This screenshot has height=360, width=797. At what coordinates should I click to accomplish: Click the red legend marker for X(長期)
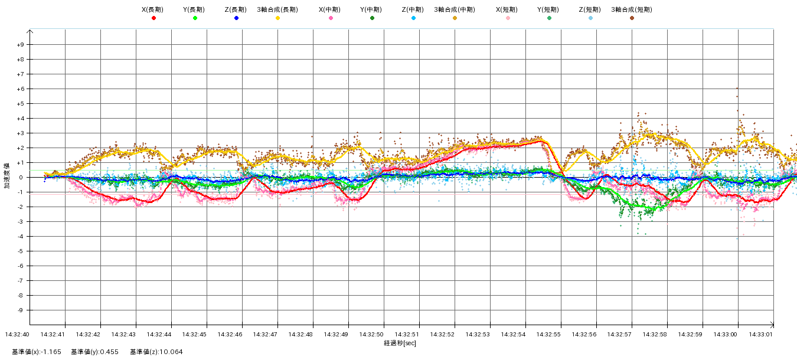(153, 18)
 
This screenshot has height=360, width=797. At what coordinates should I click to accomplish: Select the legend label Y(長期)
(194, 9)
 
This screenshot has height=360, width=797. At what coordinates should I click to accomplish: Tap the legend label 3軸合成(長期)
(277, 9)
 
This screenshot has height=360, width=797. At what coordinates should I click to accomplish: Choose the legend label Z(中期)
(413, 9)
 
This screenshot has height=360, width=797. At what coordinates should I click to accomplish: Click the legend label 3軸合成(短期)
(631, 9)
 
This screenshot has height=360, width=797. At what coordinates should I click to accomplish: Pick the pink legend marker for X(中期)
(331, 18)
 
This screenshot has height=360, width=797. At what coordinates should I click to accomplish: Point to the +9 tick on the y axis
(20, 45)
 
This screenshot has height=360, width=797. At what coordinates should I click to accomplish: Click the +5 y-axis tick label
(20, 104)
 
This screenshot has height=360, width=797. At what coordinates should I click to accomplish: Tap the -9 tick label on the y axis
(20, 310)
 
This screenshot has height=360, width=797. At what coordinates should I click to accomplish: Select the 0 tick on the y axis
(21, 178)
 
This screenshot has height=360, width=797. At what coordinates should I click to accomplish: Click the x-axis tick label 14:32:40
(17, 335)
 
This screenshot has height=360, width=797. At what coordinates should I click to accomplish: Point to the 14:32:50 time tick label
(371, 335)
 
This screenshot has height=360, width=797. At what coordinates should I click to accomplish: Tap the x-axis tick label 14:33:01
(761, 335)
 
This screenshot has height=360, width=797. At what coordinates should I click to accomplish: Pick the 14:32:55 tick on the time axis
(548, 335)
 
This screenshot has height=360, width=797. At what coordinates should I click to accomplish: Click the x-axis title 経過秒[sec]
(400, 343)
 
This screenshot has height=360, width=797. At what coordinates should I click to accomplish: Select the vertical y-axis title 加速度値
(7, 177)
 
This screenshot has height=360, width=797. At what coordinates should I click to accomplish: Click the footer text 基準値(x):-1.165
(37, 352)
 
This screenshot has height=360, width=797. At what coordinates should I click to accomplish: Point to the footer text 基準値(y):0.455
(95, 352)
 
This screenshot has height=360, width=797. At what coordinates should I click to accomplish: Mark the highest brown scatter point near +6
(737, 89)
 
